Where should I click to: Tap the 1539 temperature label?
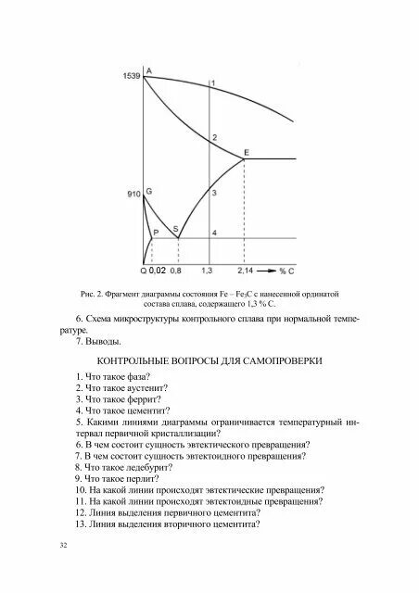coord(131,77)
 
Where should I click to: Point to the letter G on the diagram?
coord(149,191)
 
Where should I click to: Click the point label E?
coord(246,152)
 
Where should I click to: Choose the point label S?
coord(176,229)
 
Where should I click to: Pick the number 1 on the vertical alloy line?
coord(213,84)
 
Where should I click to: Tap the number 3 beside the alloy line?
coord(214,193)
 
